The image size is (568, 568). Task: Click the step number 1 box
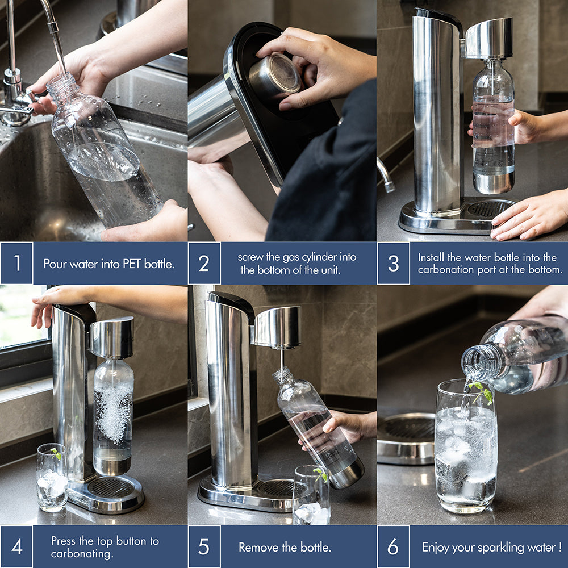tap(16, 263)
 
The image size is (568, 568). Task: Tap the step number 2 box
tap(204, 263)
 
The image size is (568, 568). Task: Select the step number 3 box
tap(394, 263)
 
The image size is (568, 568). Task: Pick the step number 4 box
tap(16, 546)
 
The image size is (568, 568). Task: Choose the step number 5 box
tap(204, 546)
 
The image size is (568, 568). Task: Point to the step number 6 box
tap(394, 546)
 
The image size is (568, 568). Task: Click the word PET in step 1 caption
tap(132, 264)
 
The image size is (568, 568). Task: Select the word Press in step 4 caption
tap(64, 541)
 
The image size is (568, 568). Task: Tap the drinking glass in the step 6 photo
tap(466, 446)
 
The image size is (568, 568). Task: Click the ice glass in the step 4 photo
tap(52, 477)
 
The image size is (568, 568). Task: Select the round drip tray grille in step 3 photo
tap(490, 209)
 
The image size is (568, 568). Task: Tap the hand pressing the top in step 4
tap(55, 304)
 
